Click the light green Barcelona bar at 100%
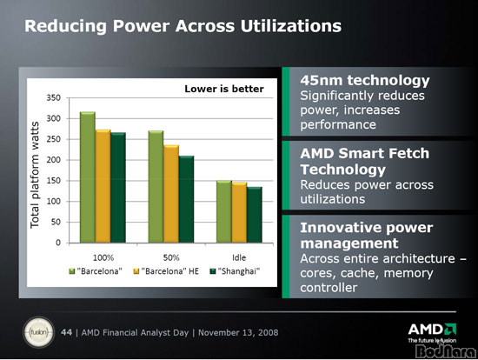pos(88,177)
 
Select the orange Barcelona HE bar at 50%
pos(171,194)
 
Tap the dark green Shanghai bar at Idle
pos(255,215)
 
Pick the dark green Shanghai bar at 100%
pos(118,188)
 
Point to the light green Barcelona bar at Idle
pos(224,211)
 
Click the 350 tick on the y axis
pos(54,98)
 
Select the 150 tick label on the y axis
pos(54,181)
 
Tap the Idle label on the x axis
pos(239,257)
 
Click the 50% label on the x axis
pos(171,257)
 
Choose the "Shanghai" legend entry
pos(235,271)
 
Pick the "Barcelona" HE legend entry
pos(167,271)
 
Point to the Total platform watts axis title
pos(35,175)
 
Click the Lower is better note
pos(224,89)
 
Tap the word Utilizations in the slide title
pos(291,26)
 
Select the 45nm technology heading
pos(365,81)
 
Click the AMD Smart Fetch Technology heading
pos(365,162)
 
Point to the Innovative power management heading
pos(367,236)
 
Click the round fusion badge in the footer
pos(38,332)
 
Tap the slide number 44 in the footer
pos(66,332)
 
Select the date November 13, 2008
pos(238,332)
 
